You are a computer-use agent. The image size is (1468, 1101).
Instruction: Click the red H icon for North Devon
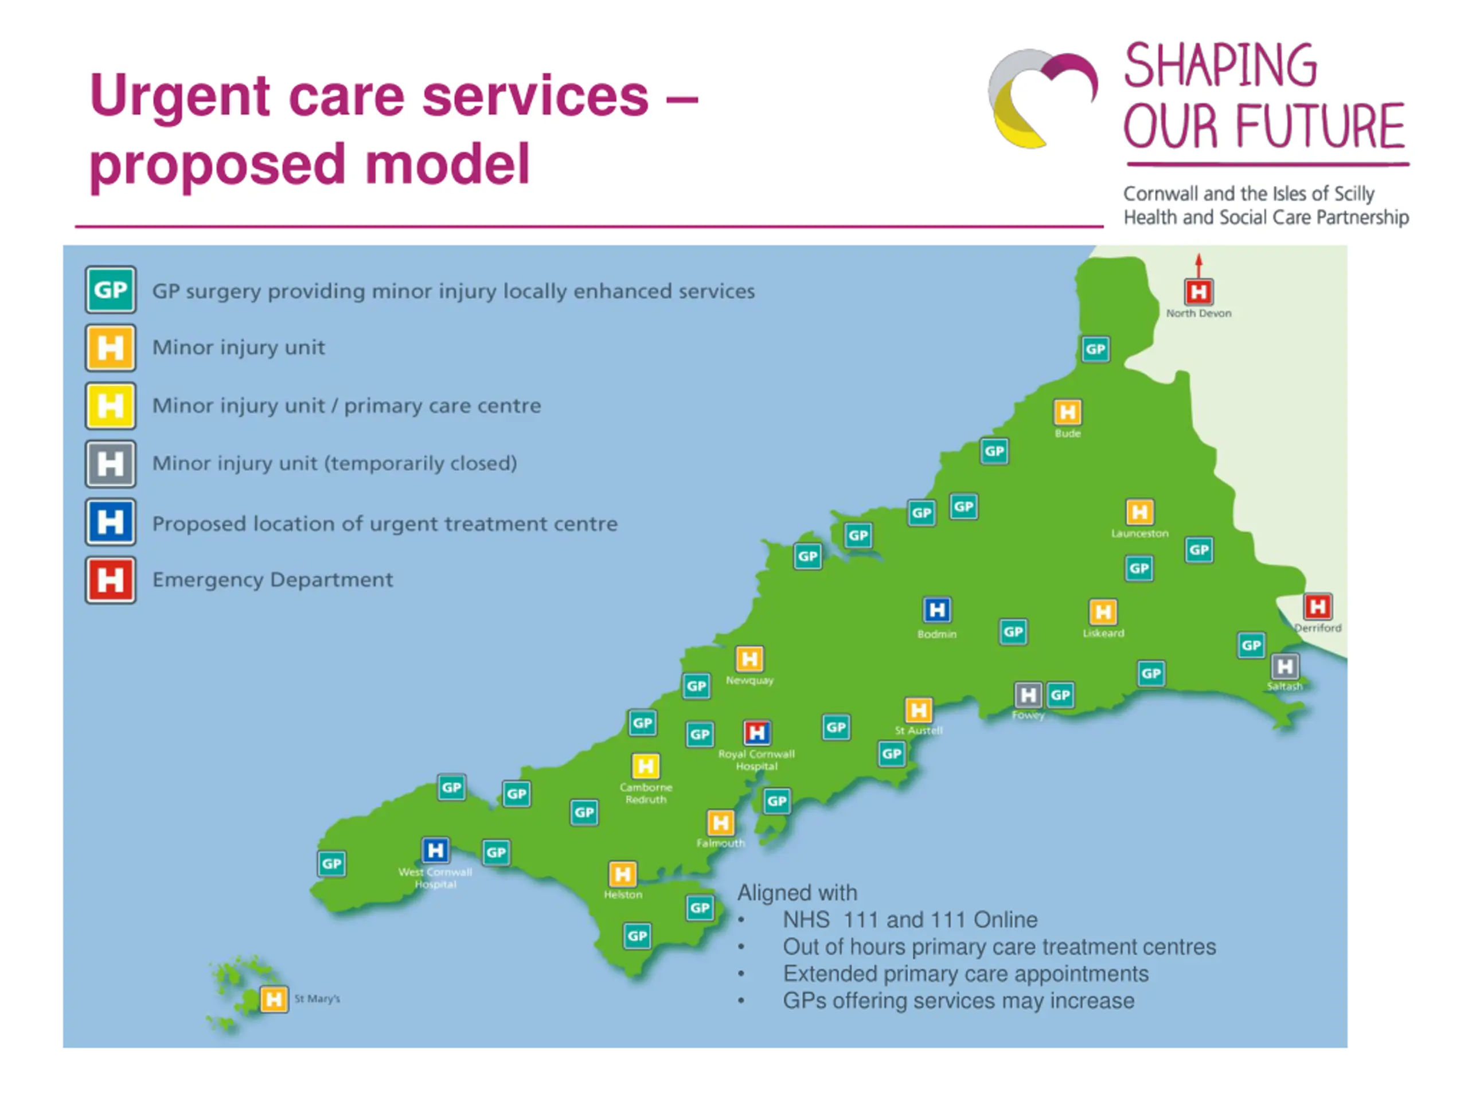[x=1198, y=291]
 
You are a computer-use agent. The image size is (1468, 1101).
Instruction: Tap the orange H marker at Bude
[x=1067, y=412]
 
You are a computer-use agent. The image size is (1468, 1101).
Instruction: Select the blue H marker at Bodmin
[x=937, y=610]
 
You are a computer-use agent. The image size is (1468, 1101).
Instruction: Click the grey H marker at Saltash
[x=1285, y=666]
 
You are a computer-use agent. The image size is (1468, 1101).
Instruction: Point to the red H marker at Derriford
[x=1317, y=606]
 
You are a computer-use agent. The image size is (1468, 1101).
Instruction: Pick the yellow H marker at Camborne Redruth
[x=645, y=766]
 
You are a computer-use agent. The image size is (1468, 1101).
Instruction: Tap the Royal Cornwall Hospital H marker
[x=756, y=733]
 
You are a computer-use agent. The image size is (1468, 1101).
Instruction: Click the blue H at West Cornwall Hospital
[x=435, y=850]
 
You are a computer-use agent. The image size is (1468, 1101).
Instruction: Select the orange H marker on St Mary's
[x=274, y=999]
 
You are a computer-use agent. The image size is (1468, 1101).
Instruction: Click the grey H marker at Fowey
[x=1028, y=695]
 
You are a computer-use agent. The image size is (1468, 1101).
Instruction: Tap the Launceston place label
[x=1139, y=533]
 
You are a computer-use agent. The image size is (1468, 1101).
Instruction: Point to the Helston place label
[x=623, y=895]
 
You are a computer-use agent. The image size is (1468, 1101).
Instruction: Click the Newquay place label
[x=749, y=680]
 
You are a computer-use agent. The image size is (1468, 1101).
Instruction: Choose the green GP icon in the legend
[x=110, y=290]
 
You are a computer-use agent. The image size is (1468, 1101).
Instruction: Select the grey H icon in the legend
[x=110, y=464]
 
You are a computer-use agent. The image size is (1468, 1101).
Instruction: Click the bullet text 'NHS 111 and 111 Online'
[x=909, y=920]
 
